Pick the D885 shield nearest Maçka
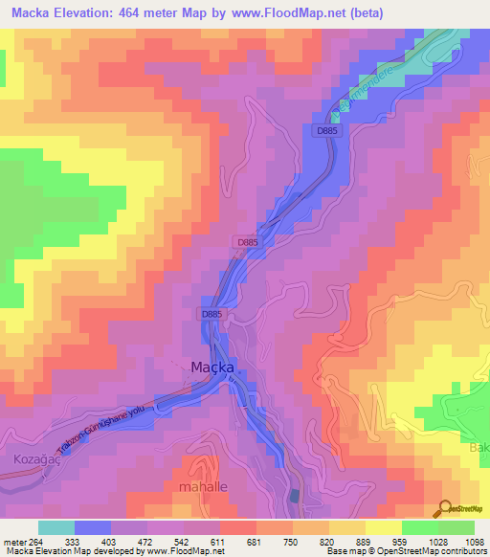pos(212,313)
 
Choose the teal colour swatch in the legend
pos(56,527)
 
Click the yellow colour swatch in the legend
pos(382,527)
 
